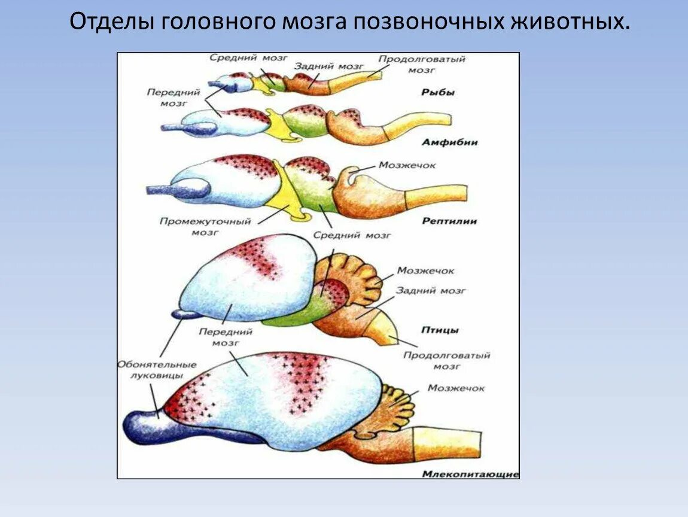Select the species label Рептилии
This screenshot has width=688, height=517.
[449, 221]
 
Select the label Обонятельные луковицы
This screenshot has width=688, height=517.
[157, 370]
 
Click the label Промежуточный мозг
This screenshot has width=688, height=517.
[205, 226]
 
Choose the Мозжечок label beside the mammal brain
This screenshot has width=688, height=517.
[456, 388]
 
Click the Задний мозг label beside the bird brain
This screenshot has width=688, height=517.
[431, 291]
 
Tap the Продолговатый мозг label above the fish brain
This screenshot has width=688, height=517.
[422, 64]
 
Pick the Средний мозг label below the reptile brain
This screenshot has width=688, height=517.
[353, 236]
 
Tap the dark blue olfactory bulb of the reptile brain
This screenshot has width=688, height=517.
[179, 190]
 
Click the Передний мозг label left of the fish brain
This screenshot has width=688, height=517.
[166, 97]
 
